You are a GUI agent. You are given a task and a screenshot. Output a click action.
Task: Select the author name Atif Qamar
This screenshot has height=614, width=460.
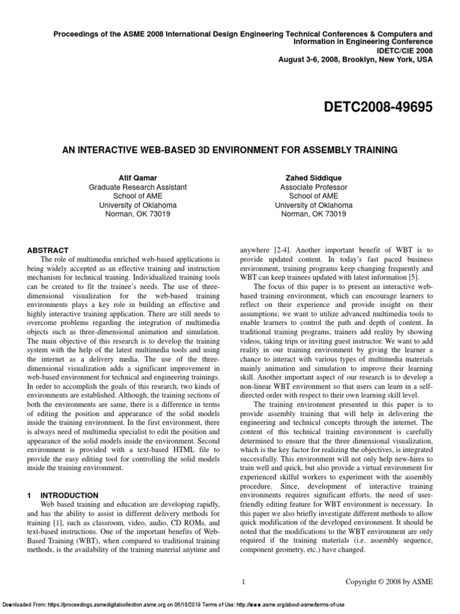pos(137,178)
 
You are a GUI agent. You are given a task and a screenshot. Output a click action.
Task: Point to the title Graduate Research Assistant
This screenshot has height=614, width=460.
pos(137,187)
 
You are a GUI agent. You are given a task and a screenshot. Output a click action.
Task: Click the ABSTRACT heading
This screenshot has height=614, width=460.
pos(49,250)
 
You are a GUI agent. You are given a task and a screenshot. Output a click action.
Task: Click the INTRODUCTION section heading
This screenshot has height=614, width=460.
pos(69,495)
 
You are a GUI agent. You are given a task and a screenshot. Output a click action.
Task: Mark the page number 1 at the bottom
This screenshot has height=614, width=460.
pos(243,582)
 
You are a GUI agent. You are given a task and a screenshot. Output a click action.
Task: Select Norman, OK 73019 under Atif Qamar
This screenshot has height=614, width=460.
pos(137,213)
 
